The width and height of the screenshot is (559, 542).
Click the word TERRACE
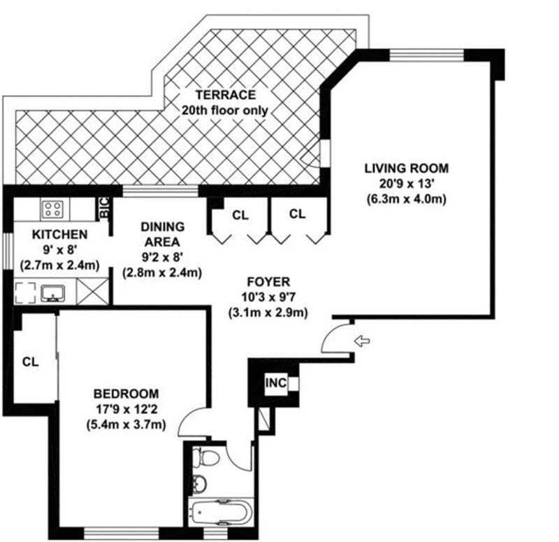(x=225, y=95)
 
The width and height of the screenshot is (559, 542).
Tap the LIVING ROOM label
(x=406, y=168)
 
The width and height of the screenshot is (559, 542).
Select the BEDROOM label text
(x=126, y=393)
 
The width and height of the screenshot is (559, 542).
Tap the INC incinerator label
(x=275, y=383)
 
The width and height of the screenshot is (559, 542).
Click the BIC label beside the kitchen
(x=104, y=207)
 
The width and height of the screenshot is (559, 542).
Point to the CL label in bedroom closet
(x=30, y=362)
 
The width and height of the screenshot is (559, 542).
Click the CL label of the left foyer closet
(x=240, y=215)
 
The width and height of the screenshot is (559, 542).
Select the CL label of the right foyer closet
(x=297, y=214)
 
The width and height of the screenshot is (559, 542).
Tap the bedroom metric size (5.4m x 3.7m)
(x=126, y=424)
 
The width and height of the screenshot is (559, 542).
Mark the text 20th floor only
(x=225, y=110)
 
